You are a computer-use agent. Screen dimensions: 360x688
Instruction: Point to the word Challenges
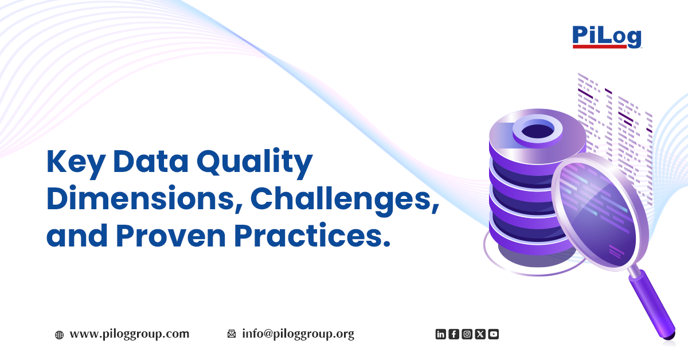tap(344, 198)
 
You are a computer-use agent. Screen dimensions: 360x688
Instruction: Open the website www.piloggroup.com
tap(129, 334)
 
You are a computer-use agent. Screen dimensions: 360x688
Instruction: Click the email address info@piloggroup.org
tap(298, 334)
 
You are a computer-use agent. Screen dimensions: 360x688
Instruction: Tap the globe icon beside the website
tap(59, 335)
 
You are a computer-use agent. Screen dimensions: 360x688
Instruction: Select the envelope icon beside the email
tap(232, 334)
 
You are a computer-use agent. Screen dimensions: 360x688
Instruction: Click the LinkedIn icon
tap(440, 334)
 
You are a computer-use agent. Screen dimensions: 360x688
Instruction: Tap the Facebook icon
tap(454, 334)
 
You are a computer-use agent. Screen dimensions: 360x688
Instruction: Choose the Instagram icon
tap(467, 334)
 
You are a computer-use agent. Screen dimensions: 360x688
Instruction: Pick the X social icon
tap(480, 334)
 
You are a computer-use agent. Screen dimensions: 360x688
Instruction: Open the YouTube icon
tap(493, 334)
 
